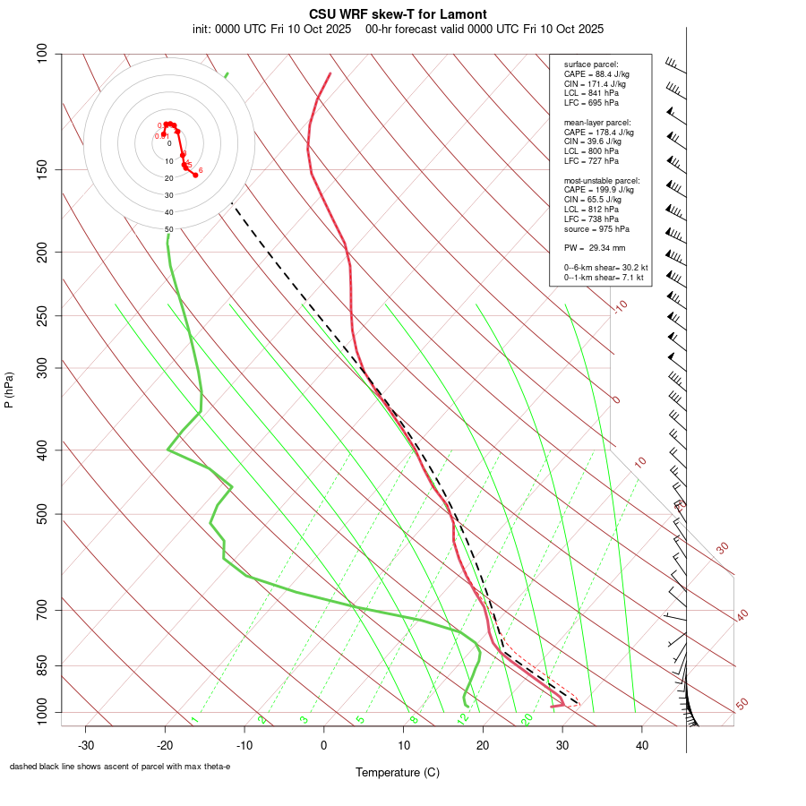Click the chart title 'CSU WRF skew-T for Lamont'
tap(398, 14)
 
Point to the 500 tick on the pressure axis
tap(42, 514)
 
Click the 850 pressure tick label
tap(42, 665)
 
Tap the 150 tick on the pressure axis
tap(42, 169)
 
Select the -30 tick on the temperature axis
tap(85, 744)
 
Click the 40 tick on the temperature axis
tap(641, 744)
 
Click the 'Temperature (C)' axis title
tap(398, 772)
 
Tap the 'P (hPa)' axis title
tap(9, 390)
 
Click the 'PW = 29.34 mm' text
tap(594, 247)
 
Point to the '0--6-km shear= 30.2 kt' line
tap(605, 268)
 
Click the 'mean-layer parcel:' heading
tap(596, 122)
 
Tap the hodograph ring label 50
tap(168, 229)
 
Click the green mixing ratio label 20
tap(527, 719)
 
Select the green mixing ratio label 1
tap(193, 720)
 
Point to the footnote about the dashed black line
tap(120, 767)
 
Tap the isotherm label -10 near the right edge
tap(619, 306)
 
